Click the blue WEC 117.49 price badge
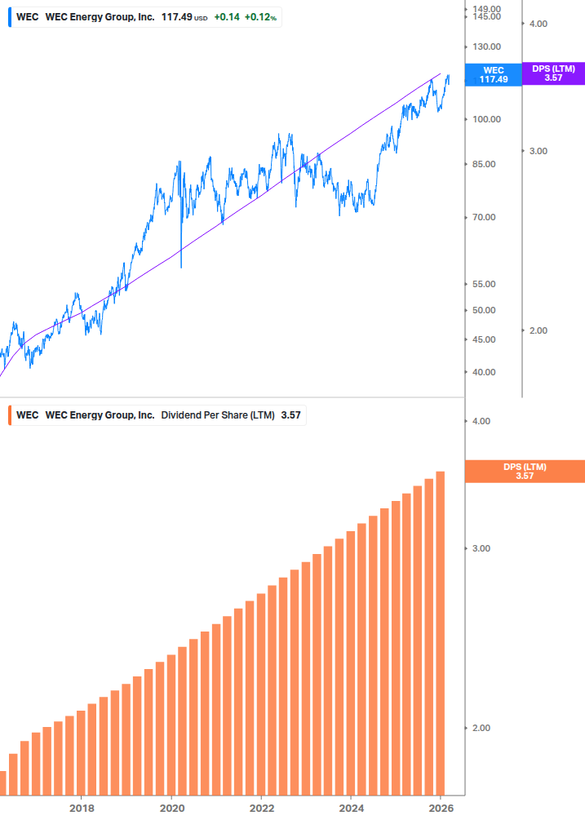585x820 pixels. pyautogui.click(x=494, y=75)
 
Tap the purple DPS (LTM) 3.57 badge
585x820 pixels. pyautogui.click(x=553, y=73)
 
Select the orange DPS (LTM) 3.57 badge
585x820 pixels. pyautogui.click(x=524, y=471)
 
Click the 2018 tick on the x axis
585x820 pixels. pyautogui.click(x=82, y=808)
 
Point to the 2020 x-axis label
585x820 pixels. pyautogui.click(x=171, y=808)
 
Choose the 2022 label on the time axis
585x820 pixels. pyautogui.click(x=261, y=808)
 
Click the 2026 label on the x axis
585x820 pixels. pyautogui.click(x=440, y=808)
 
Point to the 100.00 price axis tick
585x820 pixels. pyautogui.click(x=487, y=119)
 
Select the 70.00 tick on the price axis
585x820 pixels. pyautogui.click(x=487, y=217)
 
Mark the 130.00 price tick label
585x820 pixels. pyautogui.click(x=487, y=47)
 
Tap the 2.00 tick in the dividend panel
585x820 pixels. pyautogui.click(x=482, y=728)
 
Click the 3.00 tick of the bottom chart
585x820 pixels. pyautogui.click(x=482, y=548)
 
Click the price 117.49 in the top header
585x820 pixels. pyautogui.click(x=175, y=17)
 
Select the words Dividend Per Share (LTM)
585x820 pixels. pyautogui.click(x=218, y=415)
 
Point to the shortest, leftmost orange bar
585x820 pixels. pyautogui.click(x=2, y=782)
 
